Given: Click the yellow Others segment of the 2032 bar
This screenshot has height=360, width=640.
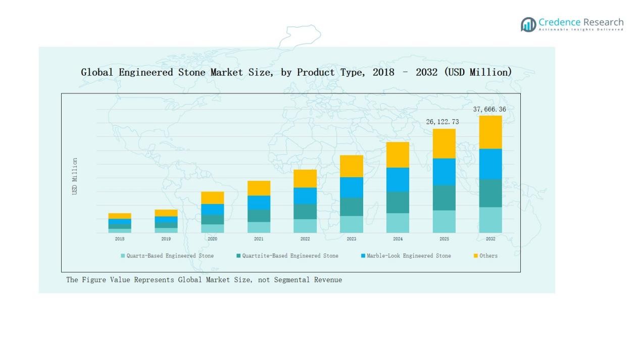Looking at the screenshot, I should pos(490,132).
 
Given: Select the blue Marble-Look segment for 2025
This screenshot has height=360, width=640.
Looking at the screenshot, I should pos(444,172).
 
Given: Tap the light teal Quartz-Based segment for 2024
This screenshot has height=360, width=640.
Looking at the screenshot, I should pos(398,223).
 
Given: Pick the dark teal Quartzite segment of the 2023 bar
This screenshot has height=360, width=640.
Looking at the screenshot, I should pos(351,207).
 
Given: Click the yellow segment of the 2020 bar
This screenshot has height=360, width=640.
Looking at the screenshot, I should pos(212,197).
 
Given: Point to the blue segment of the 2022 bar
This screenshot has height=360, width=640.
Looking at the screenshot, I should pos(305,195).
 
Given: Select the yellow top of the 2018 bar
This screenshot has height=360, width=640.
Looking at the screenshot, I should pos(120,216).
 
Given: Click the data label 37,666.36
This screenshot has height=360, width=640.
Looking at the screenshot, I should pos(489,109).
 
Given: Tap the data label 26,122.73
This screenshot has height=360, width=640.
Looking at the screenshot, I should pos(442,122).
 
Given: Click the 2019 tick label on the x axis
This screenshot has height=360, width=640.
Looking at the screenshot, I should pos(166,239).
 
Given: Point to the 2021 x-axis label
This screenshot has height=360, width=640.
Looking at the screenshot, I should pos(259,239).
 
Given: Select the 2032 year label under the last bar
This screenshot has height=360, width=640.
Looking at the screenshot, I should pos(490,239).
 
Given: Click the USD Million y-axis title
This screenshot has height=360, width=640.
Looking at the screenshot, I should pos(75,176).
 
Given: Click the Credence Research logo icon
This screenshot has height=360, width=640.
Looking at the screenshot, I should pos(528,24).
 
